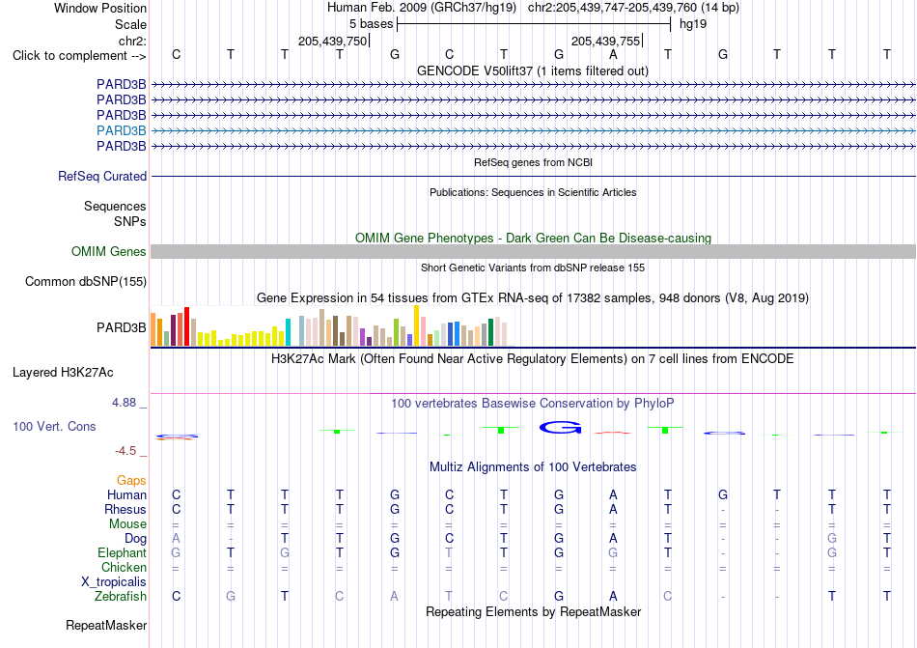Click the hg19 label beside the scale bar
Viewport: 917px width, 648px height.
[x=692, y=24]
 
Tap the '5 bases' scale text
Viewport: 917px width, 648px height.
[x=372, y=24]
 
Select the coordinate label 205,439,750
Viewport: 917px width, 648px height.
[x=332, y=41]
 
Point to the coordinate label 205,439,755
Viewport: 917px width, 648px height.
[x=606, y=41]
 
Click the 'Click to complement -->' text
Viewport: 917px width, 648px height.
[x=79, y=56]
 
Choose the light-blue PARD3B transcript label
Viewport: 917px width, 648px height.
[x=122, y=130]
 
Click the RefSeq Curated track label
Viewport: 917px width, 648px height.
[x=102, y=176]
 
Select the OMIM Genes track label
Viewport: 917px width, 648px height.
[x=109, y=251]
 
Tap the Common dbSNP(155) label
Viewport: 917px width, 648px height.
[x=86, y=281]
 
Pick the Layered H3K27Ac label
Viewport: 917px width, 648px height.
[x=63, y=373]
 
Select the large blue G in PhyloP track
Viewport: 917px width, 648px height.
[x=560, y=428]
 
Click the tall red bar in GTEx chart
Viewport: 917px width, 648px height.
[x=186, y=326]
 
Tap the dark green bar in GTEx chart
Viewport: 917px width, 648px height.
[x=490, y=332]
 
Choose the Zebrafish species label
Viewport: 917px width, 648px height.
[x=121, y=596]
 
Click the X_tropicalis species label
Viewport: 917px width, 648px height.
[x=114, y=582]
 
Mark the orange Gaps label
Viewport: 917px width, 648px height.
[x=131, y=480]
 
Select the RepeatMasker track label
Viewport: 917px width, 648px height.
[x=106, y=625]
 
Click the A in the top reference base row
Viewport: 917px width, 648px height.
[x=613, y=54]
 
